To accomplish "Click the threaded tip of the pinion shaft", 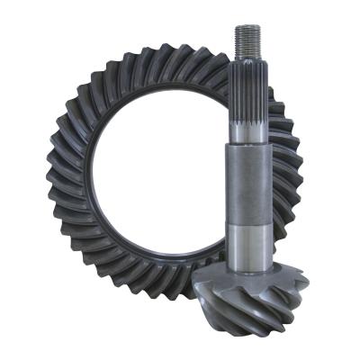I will [x=247, y=41].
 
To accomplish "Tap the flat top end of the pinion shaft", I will [x=247, y=27].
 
